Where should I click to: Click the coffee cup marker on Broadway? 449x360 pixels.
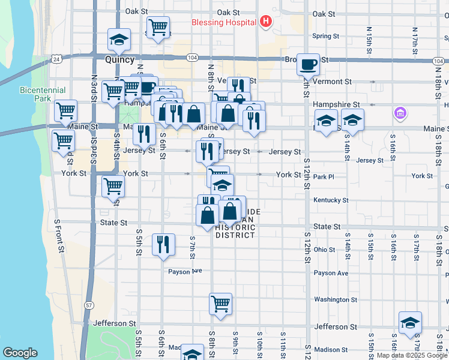click(x=309, y=64)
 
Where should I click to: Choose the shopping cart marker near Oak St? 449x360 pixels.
click(x=158, y=27)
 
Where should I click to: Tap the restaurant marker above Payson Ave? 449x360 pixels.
click(x=163, y=244)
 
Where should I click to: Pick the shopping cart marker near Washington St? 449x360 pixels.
click(x=221, y=304)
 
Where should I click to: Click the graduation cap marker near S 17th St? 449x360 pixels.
click(x=411, y=323)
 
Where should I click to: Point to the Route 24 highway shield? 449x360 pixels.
click(x=56, y=59)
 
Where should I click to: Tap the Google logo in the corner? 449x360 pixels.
click(x=20, y=353)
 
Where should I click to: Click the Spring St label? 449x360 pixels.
click(x=326, y=36)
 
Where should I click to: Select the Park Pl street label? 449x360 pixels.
click(x=323, y=177)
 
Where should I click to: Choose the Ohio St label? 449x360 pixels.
click(x=324, y=249)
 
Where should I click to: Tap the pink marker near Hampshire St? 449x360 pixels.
click(x=400, y=112)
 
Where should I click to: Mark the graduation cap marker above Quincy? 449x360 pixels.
click(x=119, y=40)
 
